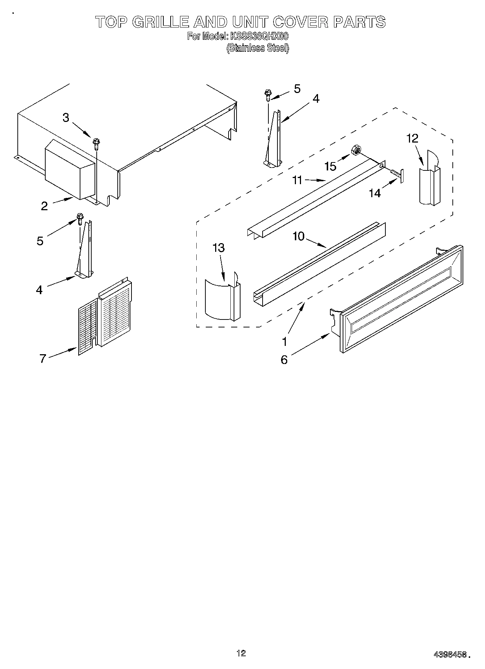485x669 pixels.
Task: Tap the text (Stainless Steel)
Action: click(258, 48)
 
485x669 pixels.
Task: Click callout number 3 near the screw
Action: click(66, 118)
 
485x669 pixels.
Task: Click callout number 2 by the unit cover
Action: click(44, 206)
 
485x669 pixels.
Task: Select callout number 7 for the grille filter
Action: click(43, 359)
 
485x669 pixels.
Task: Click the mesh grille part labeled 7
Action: click(105, 315)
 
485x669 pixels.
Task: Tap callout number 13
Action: click(218, 248)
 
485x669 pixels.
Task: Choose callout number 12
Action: click(412, 138)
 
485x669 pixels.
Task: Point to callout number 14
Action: click(375, 194)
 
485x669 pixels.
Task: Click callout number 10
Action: click(298, 236)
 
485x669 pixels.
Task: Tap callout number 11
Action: click(297, 180)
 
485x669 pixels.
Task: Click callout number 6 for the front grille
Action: click(284, 360)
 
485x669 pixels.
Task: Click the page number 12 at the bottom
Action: click(241, 653)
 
